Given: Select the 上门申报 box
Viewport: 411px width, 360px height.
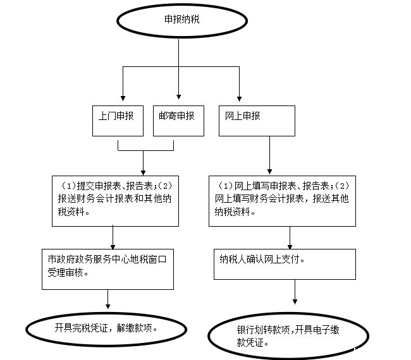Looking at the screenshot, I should (x=118, y=121).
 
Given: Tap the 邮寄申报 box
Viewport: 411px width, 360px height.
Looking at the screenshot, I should (x=178, y=121).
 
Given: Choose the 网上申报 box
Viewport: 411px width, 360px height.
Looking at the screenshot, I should (x=257, y=121).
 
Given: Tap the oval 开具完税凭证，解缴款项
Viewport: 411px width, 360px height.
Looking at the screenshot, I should (x=106, y=328).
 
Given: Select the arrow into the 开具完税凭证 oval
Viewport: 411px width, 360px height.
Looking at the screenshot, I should (x=108, y=300).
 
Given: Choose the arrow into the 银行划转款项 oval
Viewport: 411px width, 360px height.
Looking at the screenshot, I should (x=295, y=294).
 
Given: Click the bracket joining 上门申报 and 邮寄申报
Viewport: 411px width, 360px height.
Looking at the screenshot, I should (x=145, y=151).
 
